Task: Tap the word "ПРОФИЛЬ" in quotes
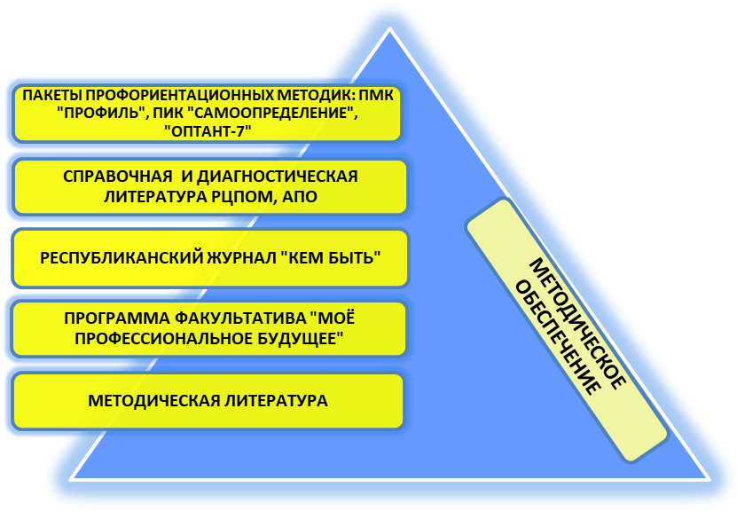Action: pos(100,114)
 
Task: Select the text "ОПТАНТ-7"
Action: pos(208,131)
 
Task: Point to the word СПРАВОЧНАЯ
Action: pos(117,177)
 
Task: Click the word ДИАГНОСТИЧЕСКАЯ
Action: pos(278,177)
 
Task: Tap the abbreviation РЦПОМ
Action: pos(240,196)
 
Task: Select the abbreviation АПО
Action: pos(300,196)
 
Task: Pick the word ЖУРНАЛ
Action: pos(239,258)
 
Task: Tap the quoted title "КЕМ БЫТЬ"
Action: pos(331,258)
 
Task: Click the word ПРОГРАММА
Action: pos(116,318)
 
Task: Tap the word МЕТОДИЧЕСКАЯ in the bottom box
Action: pos(153,401)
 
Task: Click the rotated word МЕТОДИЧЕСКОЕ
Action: pos(576,323)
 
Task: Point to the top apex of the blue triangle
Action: pos(389,28)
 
